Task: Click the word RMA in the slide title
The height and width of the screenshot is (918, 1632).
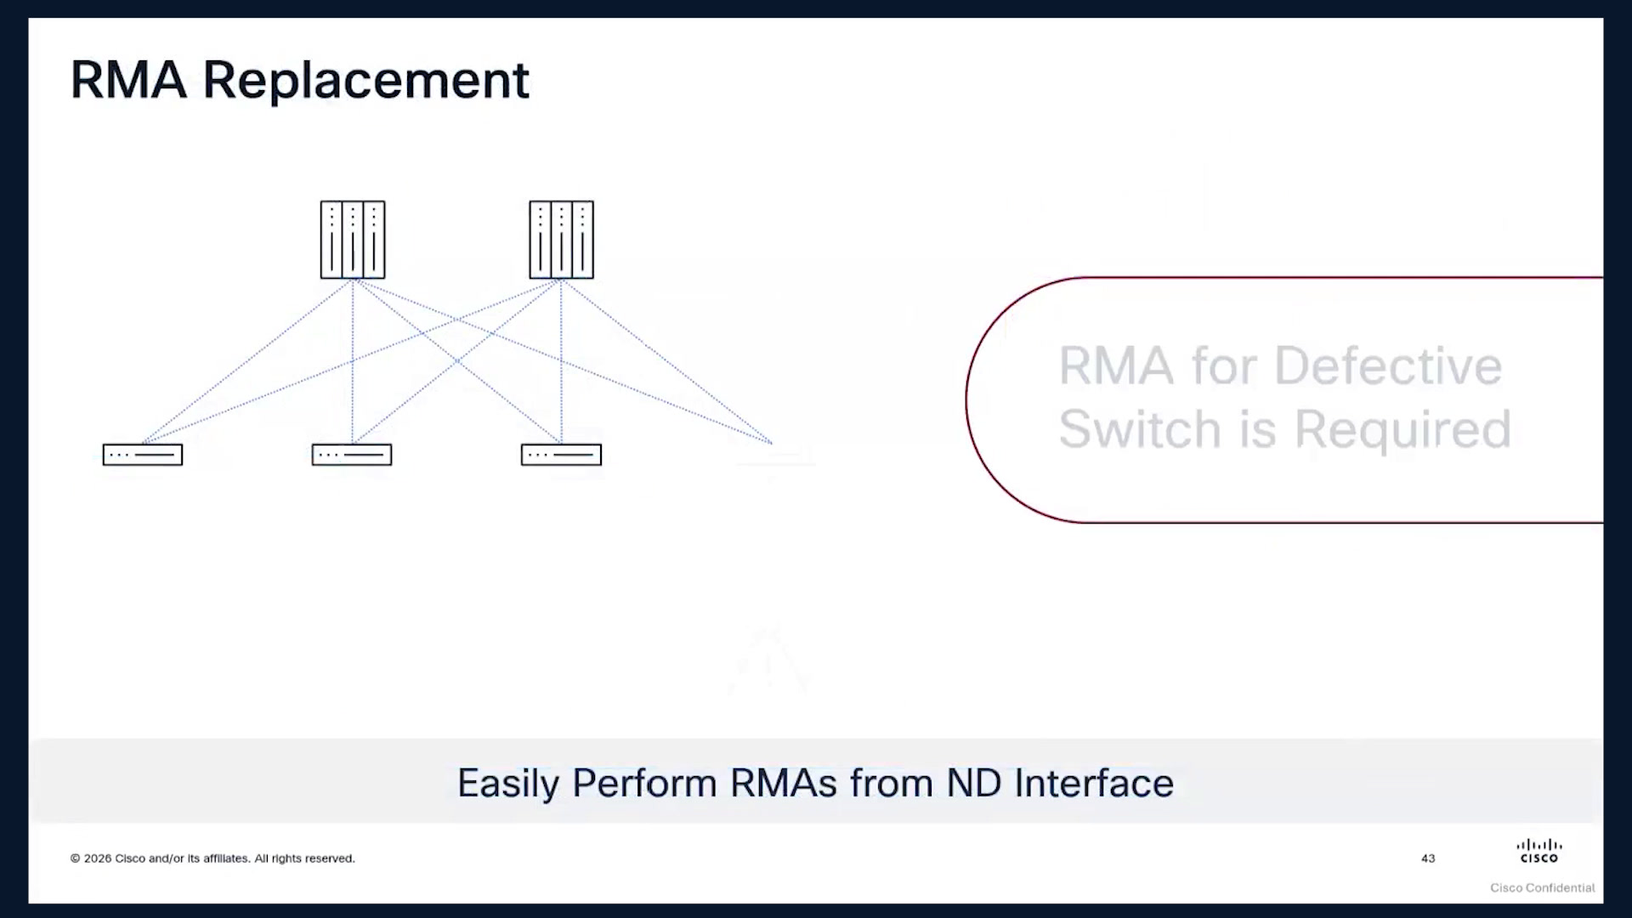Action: tap(128, 80)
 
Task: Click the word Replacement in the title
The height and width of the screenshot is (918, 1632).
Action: tap(366, 82)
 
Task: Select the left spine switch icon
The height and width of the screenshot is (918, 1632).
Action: tap(353, 240)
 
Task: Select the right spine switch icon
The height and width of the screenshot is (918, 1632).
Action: tap(561, 240)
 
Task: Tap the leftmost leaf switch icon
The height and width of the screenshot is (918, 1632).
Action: tap(143, 455)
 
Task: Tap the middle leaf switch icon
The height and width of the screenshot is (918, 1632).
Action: tap(352, 455)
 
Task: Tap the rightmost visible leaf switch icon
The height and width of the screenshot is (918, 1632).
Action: tap(561, 455)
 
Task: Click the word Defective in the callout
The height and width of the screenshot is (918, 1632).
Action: tap(1388, 366)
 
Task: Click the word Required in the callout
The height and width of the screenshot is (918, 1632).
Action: tap(1402, 428)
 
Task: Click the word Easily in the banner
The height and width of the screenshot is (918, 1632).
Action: tap(508, 784)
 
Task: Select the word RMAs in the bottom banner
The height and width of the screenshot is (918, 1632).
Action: tap(784, 783)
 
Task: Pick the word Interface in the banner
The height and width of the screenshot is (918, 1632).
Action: tap(1094, 783)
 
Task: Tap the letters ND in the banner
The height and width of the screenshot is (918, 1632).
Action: tap(974, 783)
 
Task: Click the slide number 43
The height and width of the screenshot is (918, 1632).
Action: tap(1428, 858)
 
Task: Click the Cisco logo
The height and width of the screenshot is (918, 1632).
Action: tap(1539, 851)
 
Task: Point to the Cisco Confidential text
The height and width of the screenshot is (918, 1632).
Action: tap(1542, 887)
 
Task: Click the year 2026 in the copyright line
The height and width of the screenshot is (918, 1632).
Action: tap(98, 858)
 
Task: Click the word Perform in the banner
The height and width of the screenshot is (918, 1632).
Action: tap(644, 783)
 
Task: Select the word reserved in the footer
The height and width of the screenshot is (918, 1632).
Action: tap(330, 858)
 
